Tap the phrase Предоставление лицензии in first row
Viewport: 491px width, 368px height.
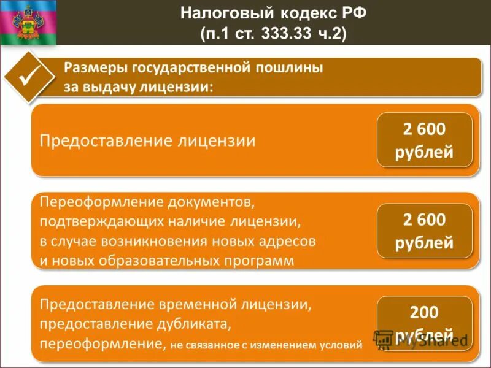[147, 140]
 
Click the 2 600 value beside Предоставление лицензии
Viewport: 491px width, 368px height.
[424, 130]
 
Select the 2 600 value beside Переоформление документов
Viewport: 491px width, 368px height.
[424, 220]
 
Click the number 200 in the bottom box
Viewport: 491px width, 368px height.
[424, 313]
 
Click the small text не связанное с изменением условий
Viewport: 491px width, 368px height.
[266, 345]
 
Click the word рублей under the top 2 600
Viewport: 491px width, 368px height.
[424, 152]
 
